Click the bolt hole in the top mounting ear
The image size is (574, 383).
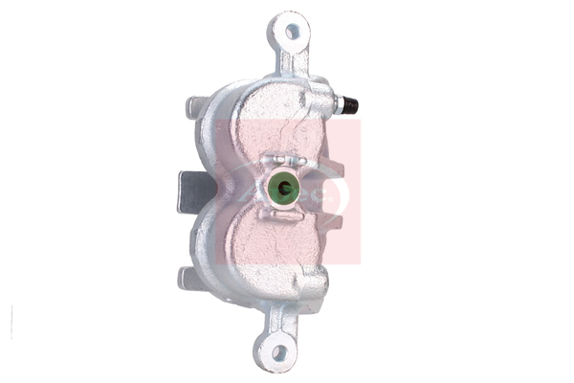[292, 32]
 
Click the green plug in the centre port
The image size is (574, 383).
[282, 189]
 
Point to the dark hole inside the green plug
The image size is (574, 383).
[282, 189]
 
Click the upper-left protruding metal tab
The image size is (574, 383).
[194, 107]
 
